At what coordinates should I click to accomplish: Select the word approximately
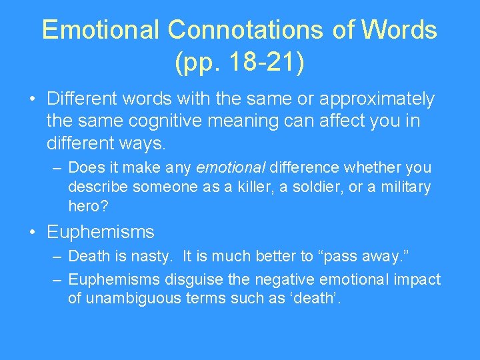tap(377, 99)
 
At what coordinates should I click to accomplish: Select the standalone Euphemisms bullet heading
tap(100, 232)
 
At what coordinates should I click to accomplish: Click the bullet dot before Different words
tap(32, 100)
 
